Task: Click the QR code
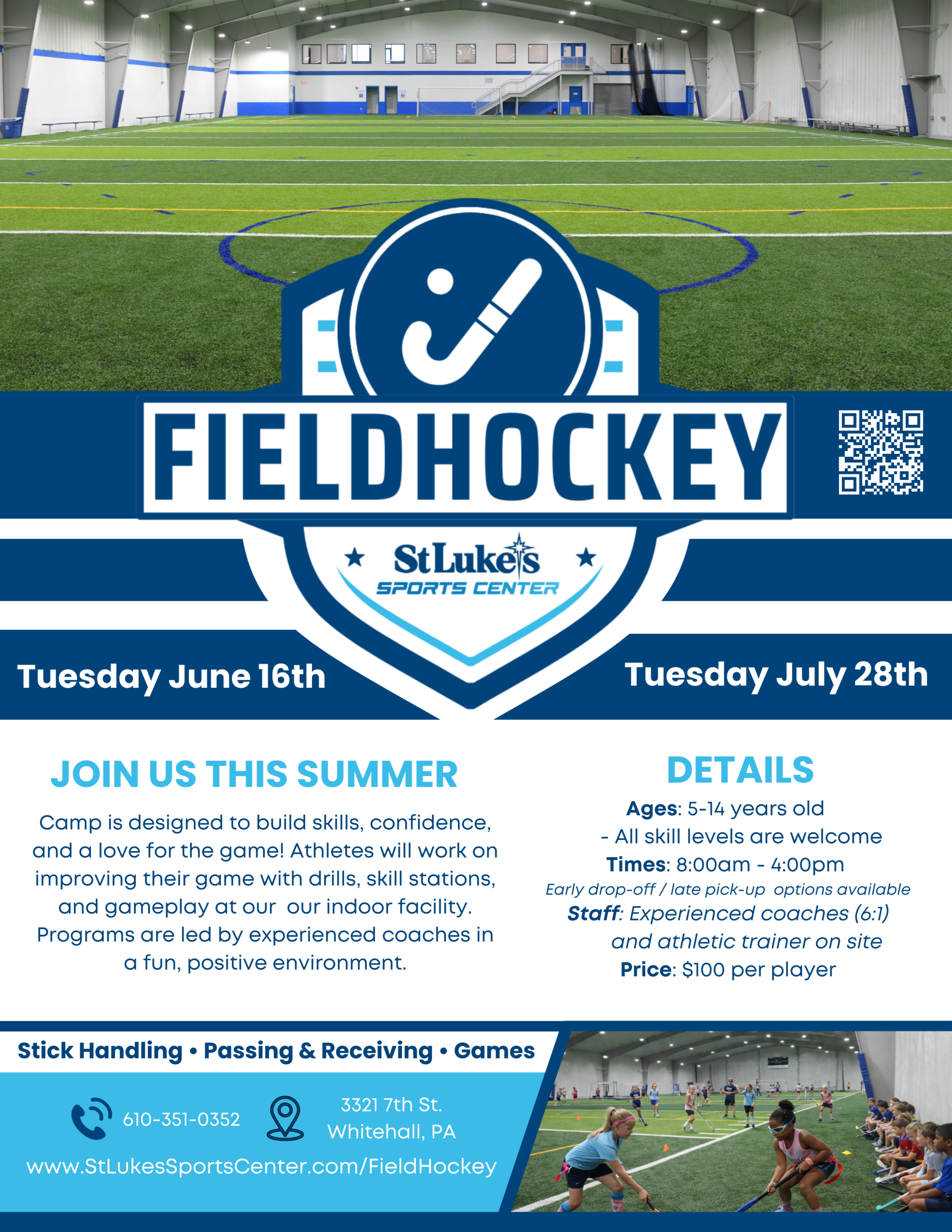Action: pyautogui.click(x=880, y=452)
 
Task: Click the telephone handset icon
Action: pyautogui.click(x=91, y=1118)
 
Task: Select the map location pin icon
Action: pyautogui.click(x=285, y=1118)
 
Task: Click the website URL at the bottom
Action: pyautogui.click(x=261, y=1166)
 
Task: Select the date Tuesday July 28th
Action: pyautogui.click(x=776, y=675)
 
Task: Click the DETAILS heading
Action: pyautogui.click(x=740, y=770)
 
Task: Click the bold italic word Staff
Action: pyautogui.click(x=593, y=913)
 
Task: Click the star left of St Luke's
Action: pyautogui.click(x=355, y=557)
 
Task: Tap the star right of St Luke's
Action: pyautogui.click(x=586, y=557)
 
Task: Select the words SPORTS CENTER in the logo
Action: pyautogui.click(x=468, y=589)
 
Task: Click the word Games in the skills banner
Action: pyautogui.click(x=494, y=1051)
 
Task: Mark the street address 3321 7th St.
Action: pyautogui.click(x=391, y=1104)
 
